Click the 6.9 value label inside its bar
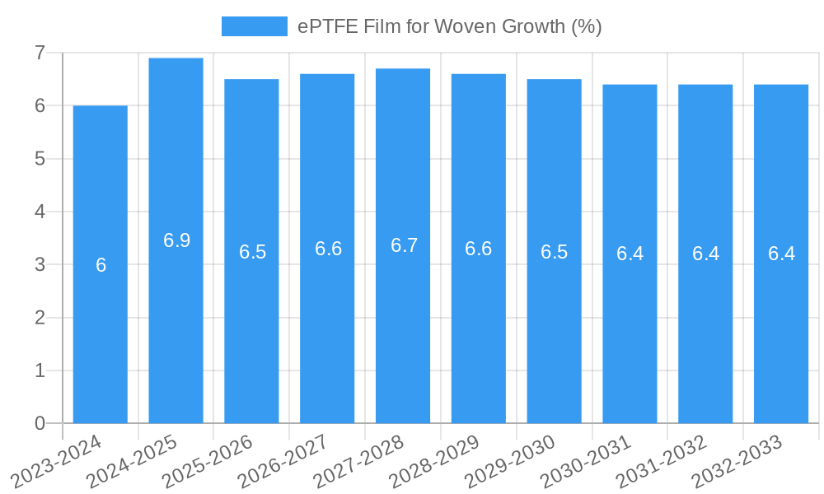pyautogui.click(x=176, y=240)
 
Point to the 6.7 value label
pyautogui.click(x=404, y=245)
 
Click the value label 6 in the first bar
pyautogui.click(x=101, y=265)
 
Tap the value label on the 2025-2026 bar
pyautogui.click(x=252, y=252)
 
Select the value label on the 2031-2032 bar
pyautogui.click(x=705, y=254)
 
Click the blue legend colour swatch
pyautogui.click(x=254, y=26)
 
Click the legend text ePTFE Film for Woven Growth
pyautogui.click(x=450, y=26)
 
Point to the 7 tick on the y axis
pyautogui.click(x=39, y=53)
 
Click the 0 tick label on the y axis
pyautogui.click(x=39, y=423)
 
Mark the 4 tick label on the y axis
pyautogui.click(x=39, y=212)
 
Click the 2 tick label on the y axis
pyautogui.click(x=39, y=318)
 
